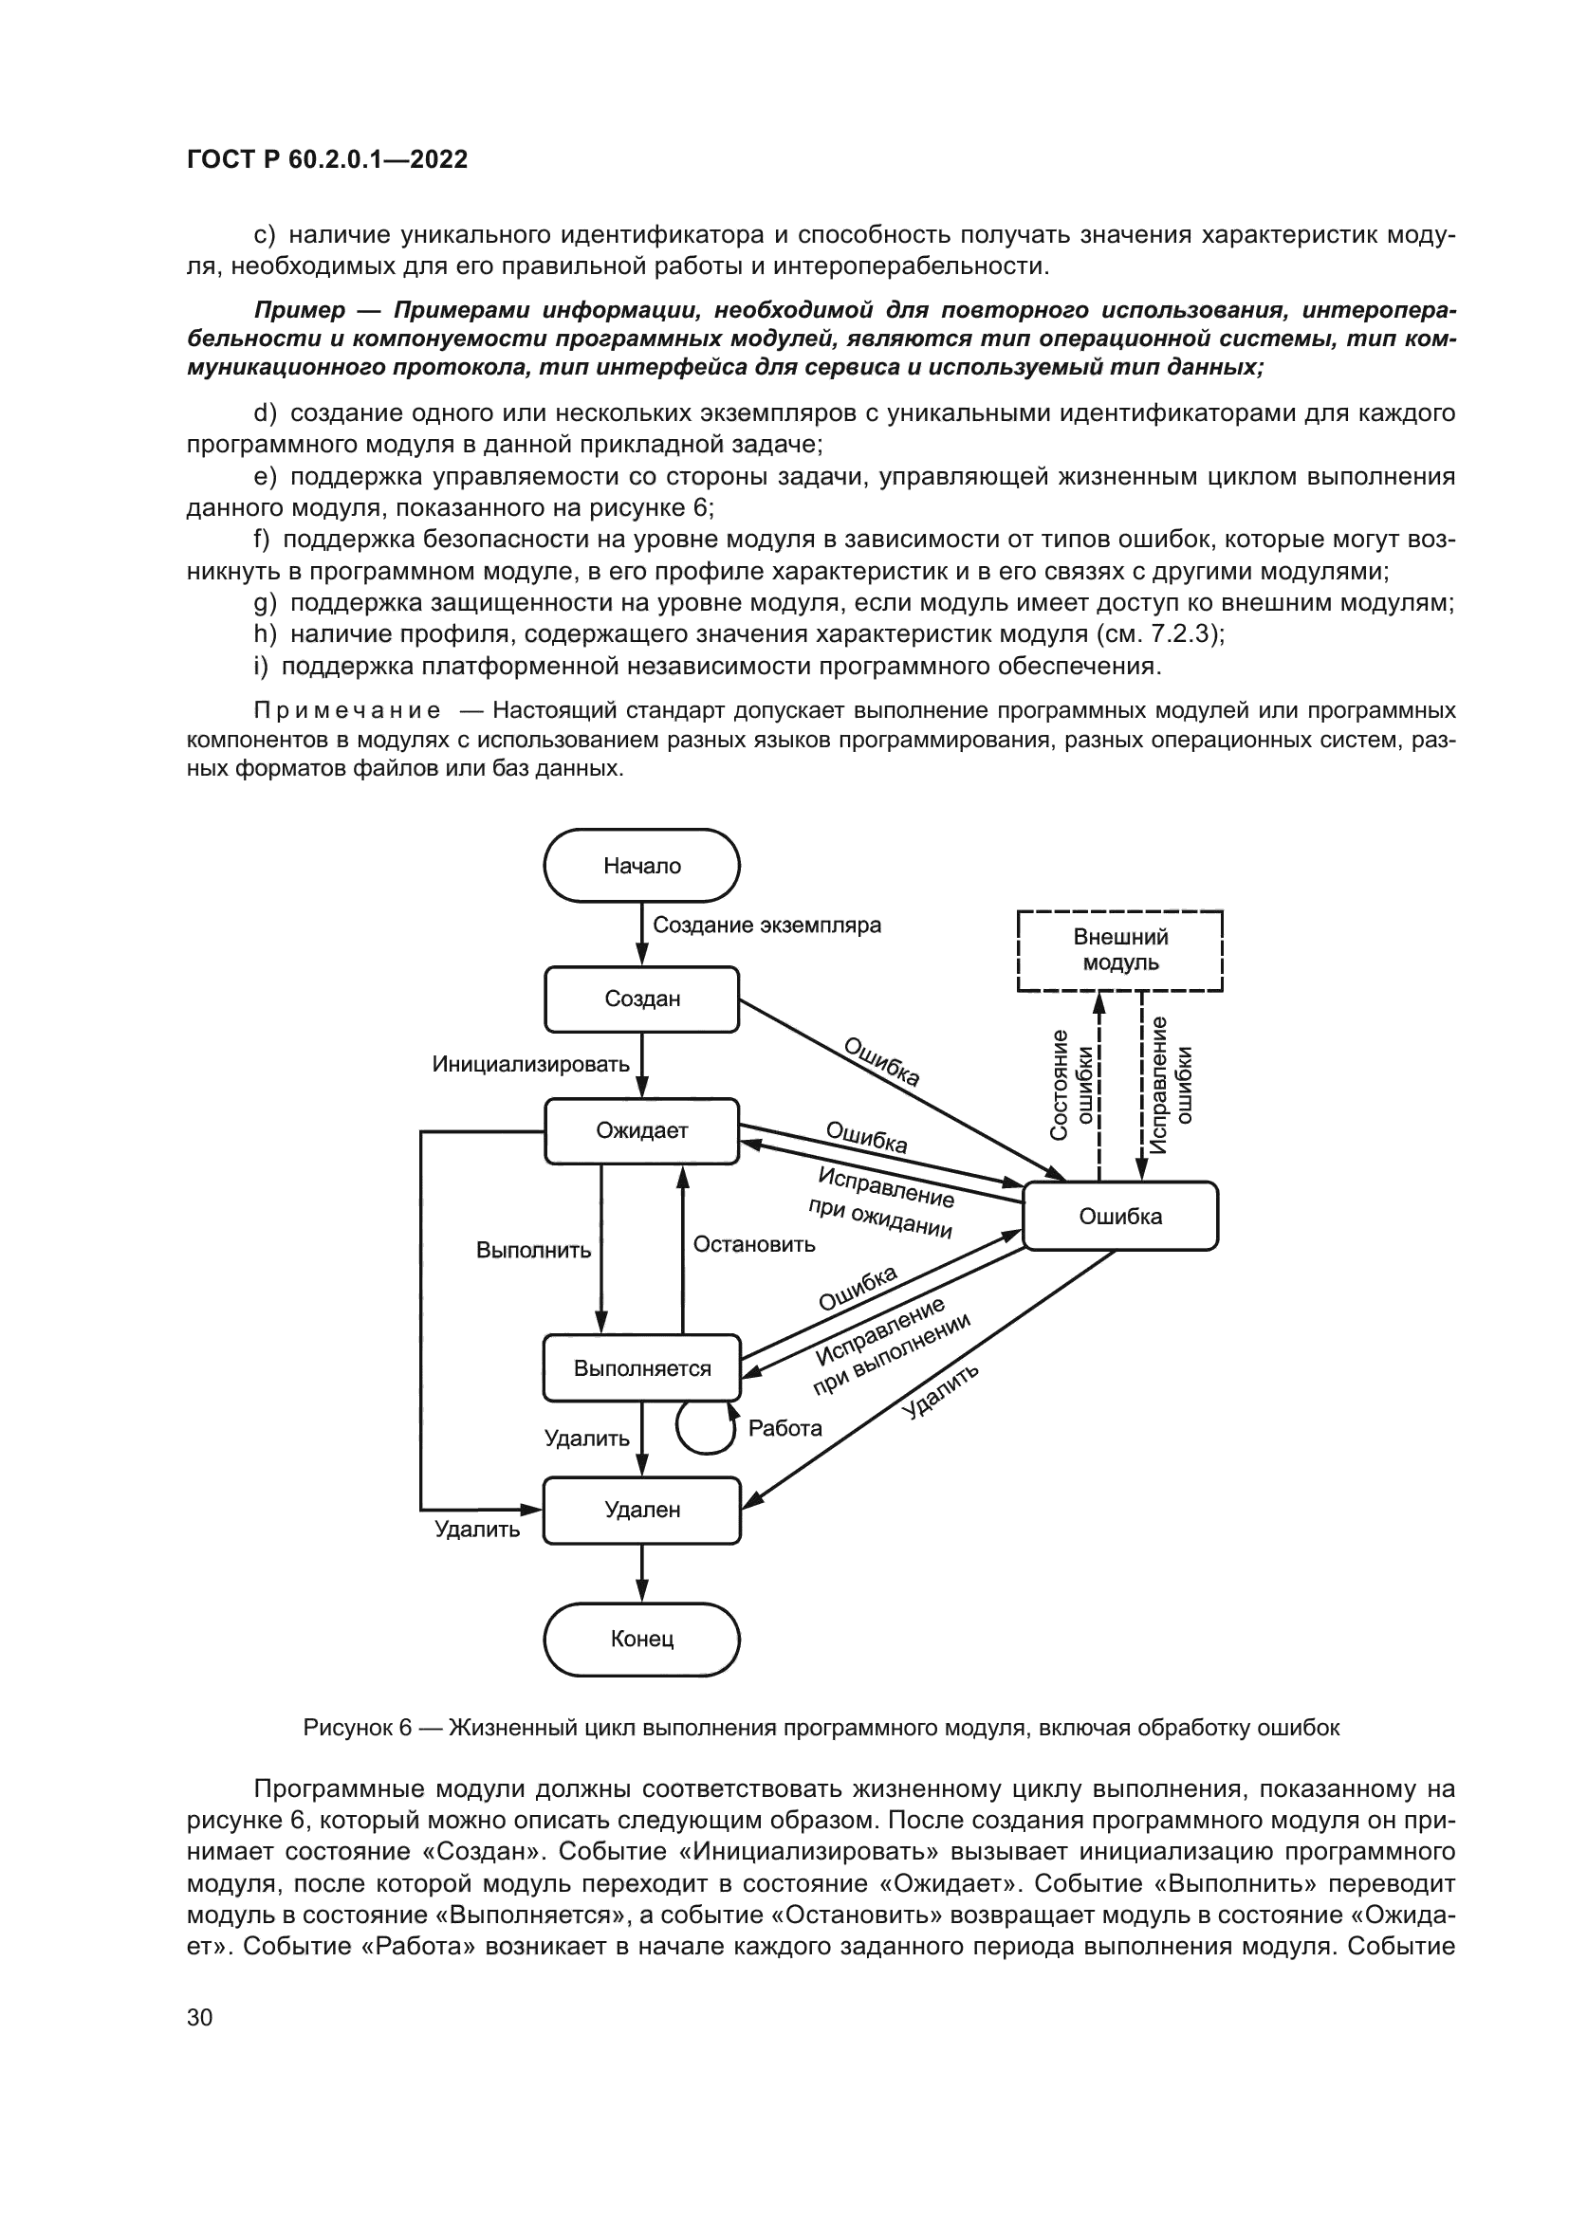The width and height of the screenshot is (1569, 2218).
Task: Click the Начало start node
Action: point(641,866)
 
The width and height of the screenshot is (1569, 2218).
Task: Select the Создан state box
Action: point(641,999)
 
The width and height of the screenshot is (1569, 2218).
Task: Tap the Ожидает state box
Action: point(641,1130)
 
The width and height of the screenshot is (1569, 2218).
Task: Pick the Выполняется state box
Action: point(641,1368)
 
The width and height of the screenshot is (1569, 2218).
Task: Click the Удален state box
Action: point(641,1509)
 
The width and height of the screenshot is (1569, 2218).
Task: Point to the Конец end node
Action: point(641,1640)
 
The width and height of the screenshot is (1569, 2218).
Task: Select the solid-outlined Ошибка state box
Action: point(1119,1217)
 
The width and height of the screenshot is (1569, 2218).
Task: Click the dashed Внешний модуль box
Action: point(1119,949)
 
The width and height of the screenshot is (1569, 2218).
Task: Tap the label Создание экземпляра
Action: point(766,925)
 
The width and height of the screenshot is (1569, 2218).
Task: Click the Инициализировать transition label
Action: point(530,1065)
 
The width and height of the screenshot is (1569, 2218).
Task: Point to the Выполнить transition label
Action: point(533,1250)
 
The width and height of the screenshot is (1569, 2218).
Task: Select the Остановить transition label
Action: point(753,1244)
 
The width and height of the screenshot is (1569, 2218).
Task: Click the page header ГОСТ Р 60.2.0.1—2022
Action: point(326,159)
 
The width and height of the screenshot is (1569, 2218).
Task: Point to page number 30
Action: point(199,2017)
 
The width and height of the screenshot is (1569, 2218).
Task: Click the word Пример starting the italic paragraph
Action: point(300,310)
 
